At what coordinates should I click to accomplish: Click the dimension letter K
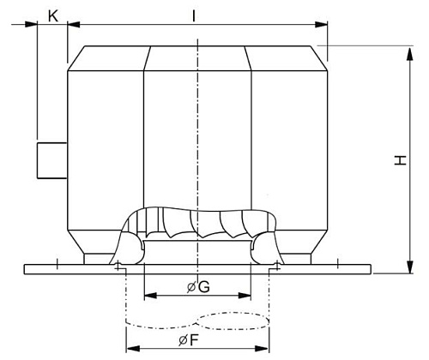pyautogui.click(x=53, y=14)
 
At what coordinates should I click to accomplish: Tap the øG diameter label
pyautogui.click(x=197, y=287)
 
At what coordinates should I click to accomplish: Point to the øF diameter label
pyautogui.click(x=198, y=341)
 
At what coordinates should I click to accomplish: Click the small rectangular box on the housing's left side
pyautogui.click(x=52, y=160)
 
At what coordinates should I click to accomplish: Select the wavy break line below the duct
pyautogui.click(x=198, y=321)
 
